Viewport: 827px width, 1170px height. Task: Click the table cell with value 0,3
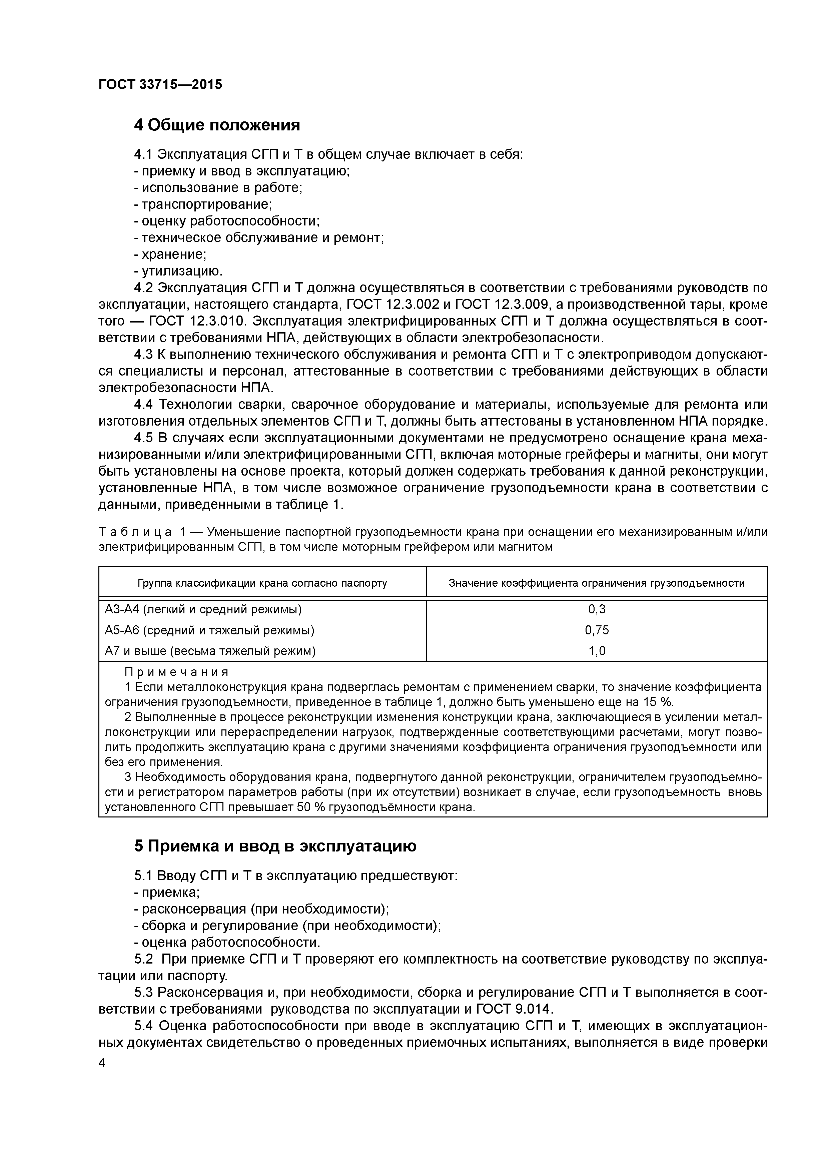pos(596,609)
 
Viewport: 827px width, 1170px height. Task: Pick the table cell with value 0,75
pos(596,630)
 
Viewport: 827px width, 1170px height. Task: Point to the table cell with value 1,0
pos(596,651)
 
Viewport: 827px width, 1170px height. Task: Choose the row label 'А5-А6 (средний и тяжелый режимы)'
pos(209,630)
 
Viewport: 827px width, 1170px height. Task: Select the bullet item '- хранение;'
pos(170,254)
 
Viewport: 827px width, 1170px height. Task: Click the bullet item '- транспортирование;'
pos(203,204)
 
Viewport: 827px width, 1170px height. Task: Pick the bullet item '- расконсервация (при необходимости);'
pos(261,909)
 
